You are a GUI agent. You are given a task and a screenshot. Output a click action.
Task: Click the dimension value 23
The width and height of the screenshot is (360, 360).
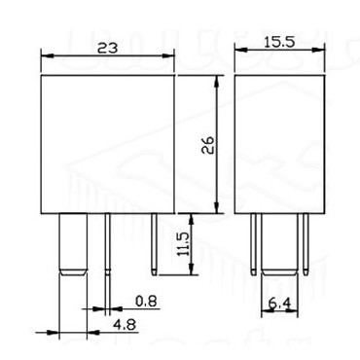[x=108, y=48]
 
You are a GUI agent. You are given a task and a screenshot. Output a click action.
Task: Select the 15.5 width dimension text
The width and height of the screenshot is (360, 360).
[x=279, y=43]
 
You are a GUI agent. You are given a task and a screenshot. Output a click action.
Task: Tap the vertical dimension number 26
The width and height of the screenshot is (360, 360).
[x=208, y=145]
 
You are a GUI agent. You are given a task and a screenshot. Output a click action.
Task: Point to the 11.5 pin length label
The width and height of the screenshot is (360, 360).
[x=184, y=244]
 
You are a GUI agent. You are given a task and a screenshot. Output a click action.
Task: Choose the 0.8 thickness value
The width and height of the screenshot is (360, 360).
[x=146, y=302]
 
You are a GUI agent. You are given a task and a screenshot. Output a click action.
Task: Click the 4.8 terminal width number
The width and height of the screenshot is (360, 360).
[x=125, y=325]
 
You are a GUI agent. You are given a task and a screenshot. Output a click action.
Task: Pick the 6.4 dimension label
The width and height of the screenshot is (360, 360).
[x=280, y=304]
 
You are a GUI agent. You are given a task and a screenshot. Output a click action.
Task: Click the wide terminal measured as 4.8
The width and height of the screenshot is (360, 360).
[x=73, y=244]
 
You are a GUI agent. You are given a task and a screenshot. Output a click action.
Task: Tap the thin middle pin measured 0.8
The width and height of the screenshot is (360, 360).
[x=108, y=244]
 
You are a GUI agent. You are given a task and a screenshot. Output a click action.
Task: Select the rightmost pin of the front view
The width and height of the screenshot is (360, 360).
[x=155, y=244]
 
